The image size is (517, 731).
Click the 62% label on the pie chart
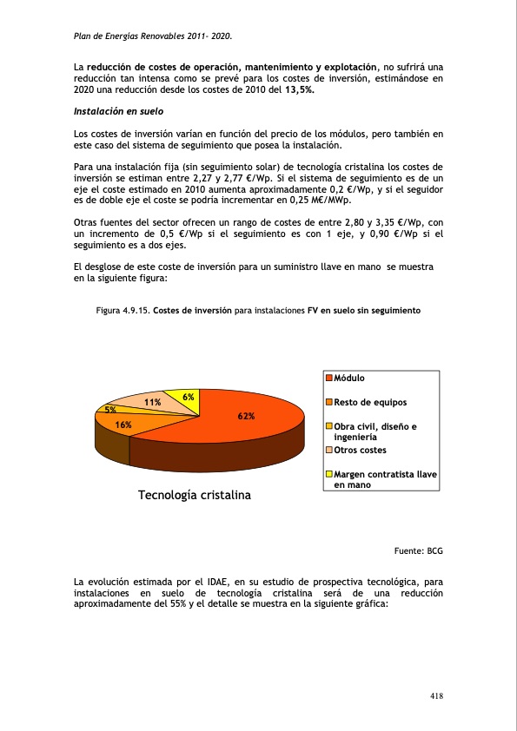(x=247, y=417)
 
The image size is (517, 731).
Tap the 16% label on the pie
(x=123, y=425)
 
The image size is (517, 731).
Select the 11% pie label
(x=152, y=403)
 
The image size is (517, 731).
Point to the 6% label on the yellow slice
(x=188, y=396)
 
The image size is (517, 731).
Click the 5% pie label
(x=111, y=409)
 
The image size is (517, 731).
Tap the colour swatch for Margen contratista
(x=329, y=475)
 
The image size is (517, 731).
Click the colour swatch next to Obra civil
(x=329, y=426)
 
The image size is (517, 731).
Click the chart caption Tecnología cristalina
(x=194, y=495)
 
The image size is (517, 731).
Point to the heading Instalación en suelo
(x=118, y=112)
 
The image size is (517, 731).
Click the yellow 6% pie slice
(x=183, y=402)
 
